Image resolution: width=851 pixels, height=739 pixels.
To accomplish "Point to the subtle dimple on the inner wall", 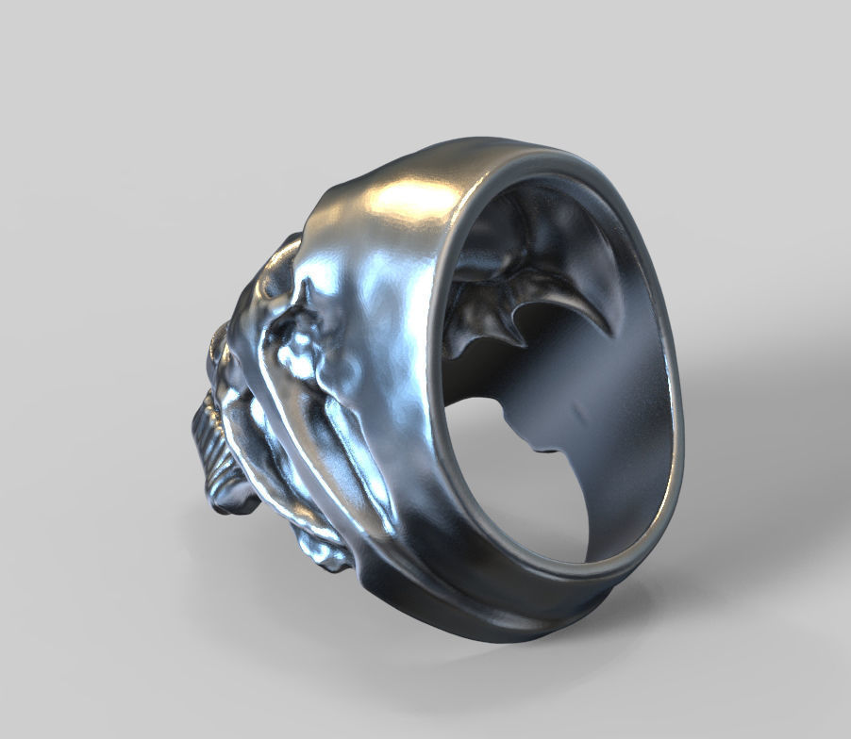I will pos(576,415).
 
